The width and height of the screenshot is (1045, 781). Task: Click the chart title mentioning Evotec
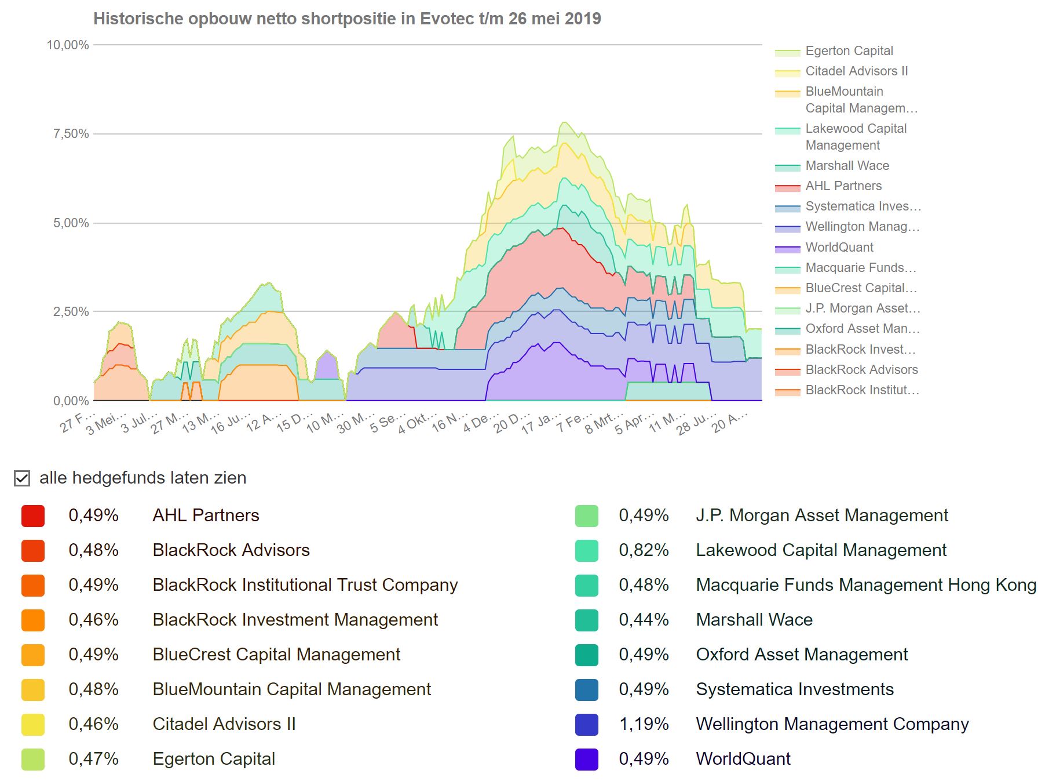click(x=347, y=19)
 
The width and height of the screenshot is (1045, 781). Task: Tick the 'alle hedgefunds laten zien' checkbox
click(x=22, y=478)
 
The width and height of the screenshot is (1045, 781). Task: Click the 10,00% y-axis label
click(x=68, y=45)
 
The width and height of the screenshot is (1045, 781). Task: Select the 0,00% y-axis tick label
click(x=71, y=401)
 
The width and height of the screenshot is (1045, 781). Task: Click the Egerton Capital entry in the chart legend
click(x=849, y=51)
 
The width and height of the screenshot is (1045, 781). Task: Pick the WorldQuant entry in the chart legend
click(x=839, y=248)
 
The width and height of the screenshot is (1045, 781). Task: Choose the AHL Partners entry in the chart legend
click(x=843, y=186)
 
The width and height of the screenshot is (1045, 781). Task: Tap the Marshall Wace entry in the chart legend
click(x=846, y=166)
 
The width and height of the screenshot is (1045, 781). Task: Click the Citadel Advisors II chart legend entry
click(x=856, y=71)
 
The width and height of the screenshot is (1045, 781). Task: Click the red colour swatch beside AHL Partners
click(x=33, y=516)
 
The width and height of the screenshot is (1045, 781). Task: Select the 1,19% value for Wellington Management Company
click(x=644, y=724)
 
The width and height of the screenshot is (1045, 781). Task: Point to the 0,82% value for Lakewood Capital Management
click(x=644, y=550)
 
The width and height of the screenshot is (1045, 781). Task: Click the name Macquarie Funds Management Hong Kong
click(x=865, y=585)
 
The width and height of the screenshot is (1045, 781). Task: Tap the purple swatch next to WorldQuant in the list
click(x=586, y=760)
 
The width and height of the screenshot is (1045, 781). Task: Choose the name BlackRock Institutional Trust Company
click(x=305, y=585)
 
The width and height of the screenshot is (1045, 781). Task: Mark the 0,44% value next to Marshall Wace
click(x=644, y=620)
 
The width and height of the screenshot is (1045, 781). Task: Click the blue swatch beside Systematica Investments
click(x=586, y=690)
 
